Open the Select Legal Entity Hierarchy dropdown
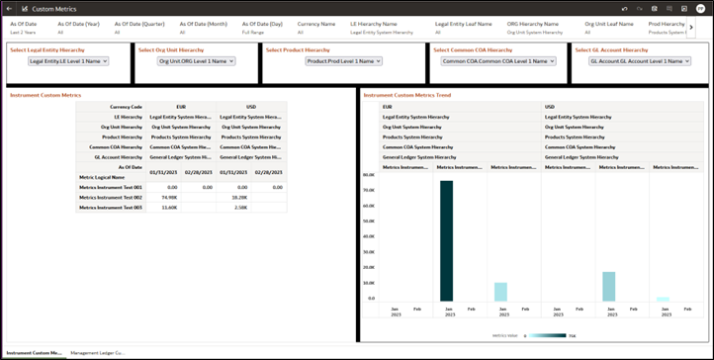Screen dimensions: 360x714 pos(68,61)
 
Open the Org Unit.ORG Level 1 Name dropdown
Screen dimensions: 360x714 pos(197,61)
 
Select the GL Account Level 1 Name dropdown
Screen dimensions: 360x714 pos(640,61)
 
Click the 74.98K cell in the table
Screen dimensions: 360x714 pos(164,197)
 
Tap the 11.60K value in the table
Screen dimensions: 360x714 pos(164,208)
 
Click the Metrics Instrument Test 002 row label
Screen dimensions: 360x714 pos(111,197)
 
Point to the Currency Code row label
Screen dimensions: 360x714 pos(127,106)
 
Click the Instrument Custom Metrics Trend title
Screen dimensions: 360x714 pos(406,95)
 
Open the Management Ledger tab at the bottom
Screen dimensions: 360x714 pos(97,352)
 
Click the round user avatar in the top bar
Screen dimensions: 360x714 pos(700,9)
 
